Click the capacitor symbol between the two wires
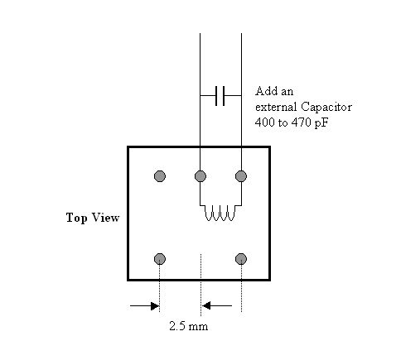[x=220, y=96]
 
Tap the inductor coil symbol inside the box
[x=220, y=213]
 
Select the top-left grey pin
[x=160, y=176]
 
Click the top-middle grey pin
[x=200, y=176]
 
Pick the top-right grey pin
[x=241, y=176]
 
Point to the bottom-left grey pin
[x=160, y=259]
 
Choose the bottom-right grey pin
[x=241, y=259]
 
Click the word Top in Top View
[x=76, y=218]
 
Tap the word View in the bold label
[x=105, y=218]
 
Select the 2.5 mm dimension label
[x=189, y=326]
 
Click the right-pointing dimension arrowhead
[x=155, y=305]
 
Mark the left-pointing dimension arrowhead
[x=206, y=305]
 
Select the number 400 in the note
[x=264, y=122]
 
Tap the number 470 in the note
[x=301, y=122]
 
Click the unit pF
[x=321, y=123]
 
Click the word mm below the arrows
[x=199, y=328]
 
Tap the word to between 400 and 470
[x=283, y=123]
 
